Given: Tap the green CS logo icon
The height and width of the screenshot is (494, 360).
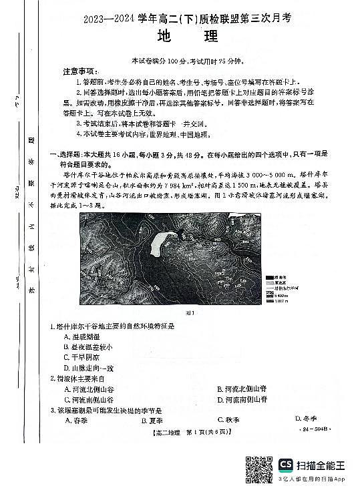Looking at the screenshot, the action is [x=286, y=465].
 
